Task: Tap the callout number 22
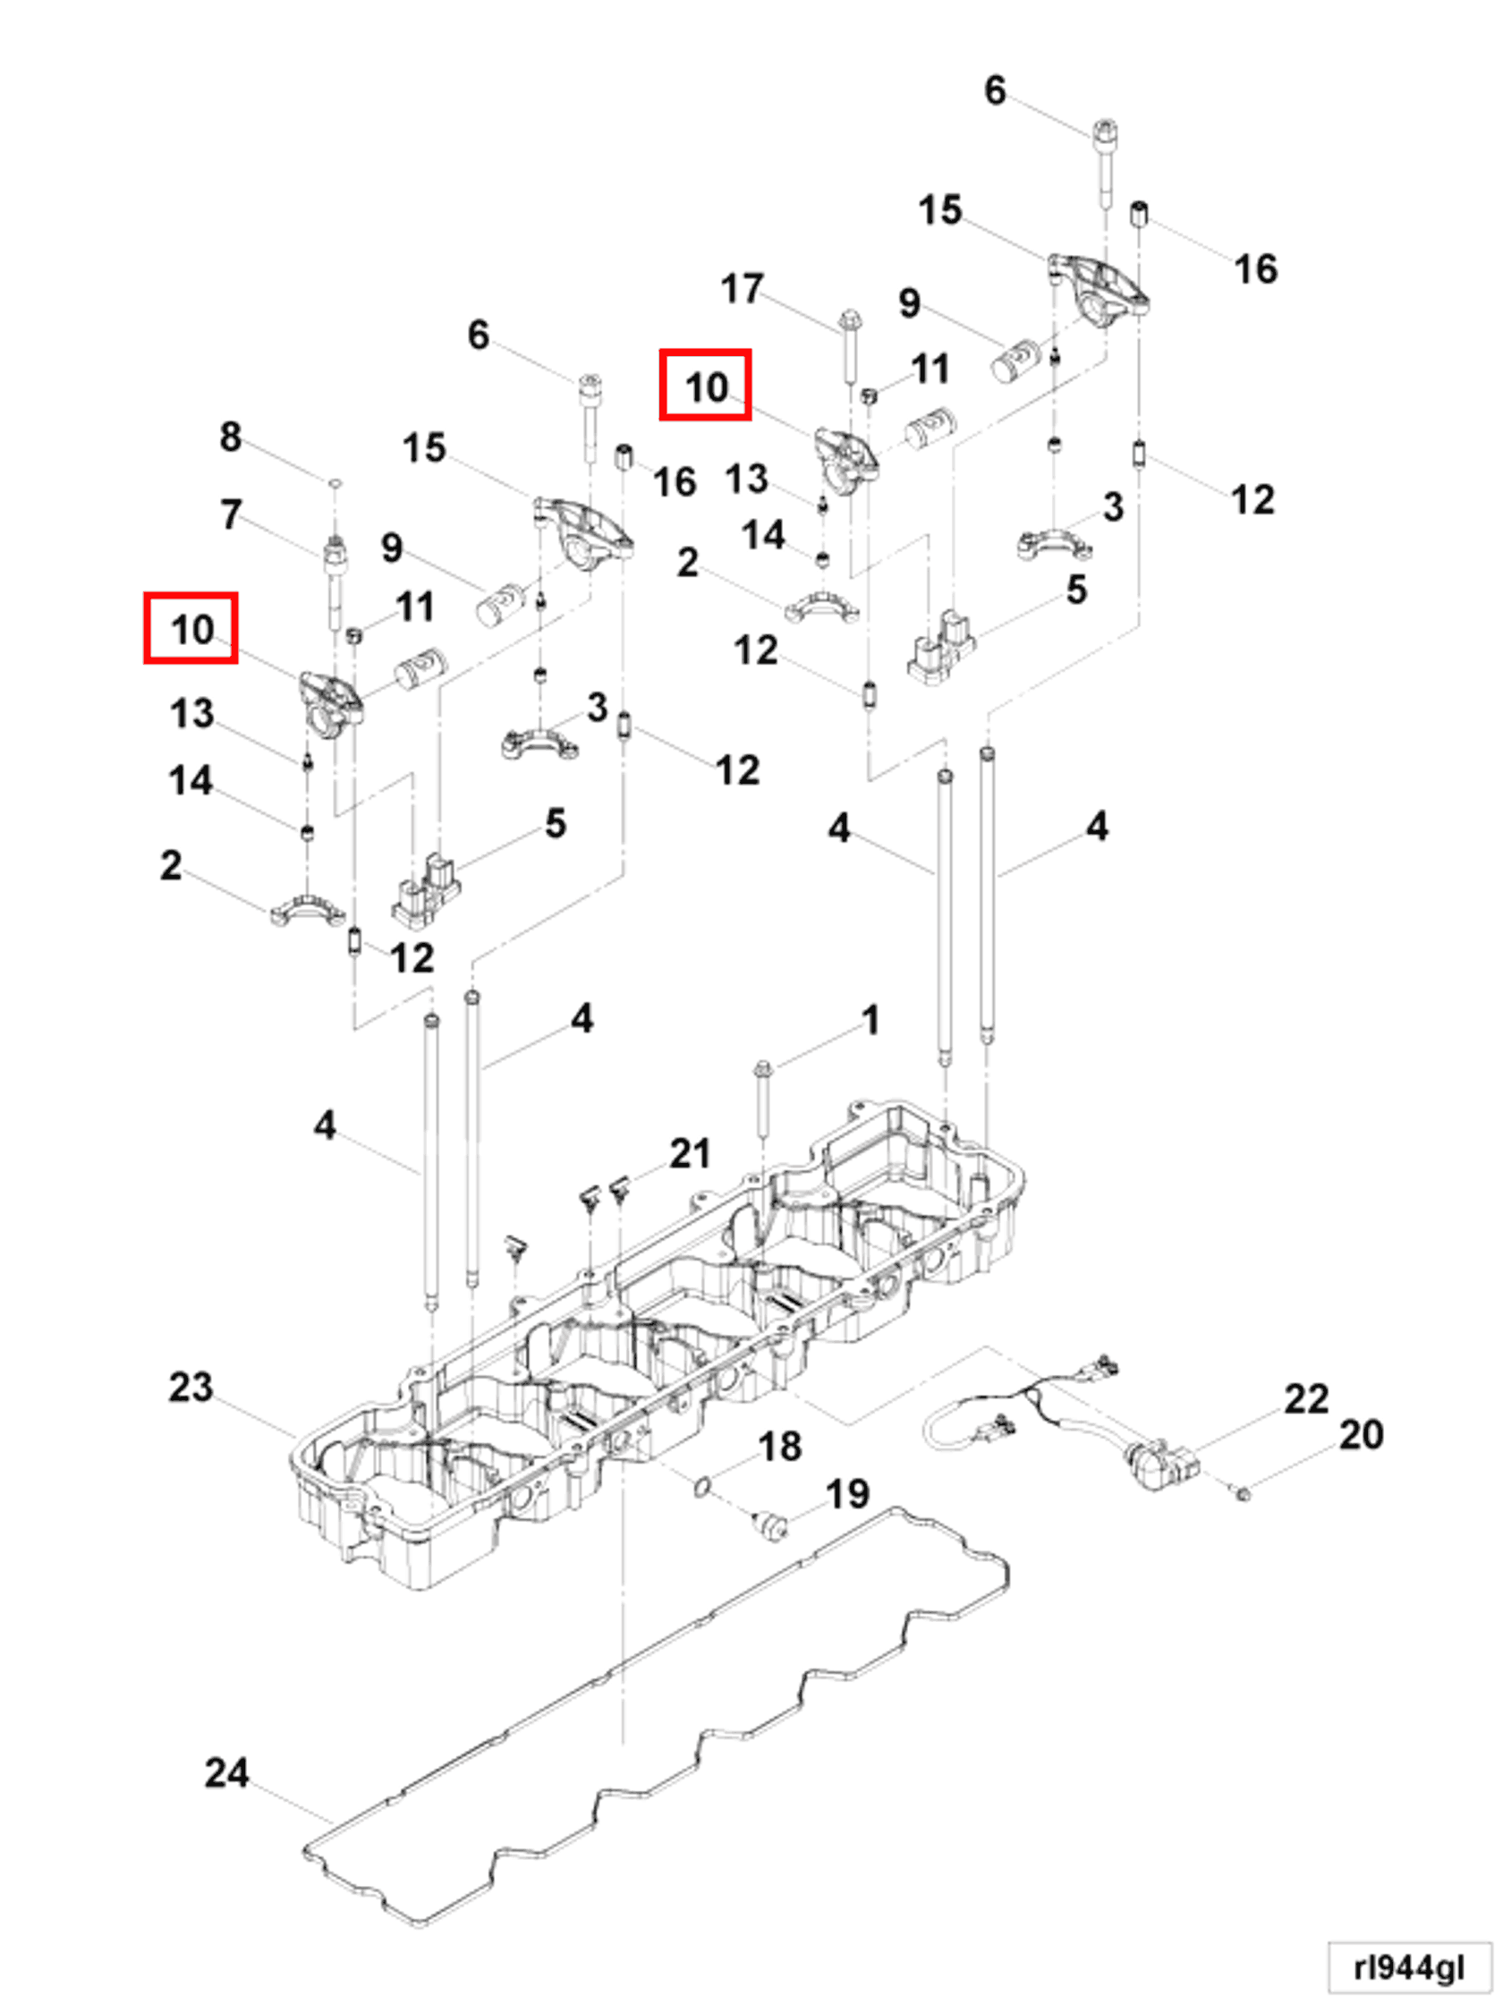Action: click(1305, 1400)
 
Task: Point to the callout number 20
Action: click(1360, 1435)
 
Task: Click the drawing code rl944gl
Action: click(1408, 1967)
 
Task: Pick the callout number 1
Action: click(870, 1020)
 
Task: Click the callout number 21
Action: click(690, 1154)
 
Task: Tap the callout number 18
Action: click(779, 1447)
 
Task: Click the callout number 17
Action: click(741, 289)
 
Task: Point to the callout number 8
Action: click(230, 437)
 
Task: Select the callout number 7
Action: click(231, 514)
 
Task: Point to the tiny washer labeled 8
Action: click(335, 485)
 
